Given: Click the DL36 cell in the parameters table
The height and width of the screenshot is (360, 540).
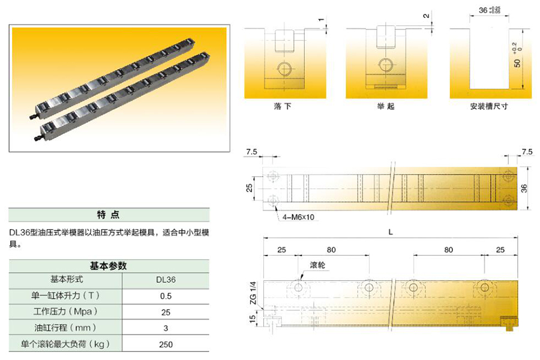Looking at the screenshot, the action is [x=166, y=280].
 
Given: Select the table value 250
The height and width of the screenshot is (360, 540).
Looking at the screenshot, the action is [x=166, y=344].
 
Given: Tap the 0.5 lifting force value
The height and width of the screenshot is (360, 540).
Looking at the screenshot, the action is [x=166, y=296].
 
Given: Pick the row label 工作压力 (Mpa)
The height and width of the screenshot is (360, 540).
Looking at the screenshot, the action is [x=65, y=312].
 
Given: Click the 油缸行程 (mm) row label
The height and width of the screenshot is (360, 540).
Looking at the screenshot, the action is [x=65, y=328].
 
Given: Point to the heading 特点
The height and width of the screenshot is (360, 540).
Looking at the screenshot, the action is [x=108, y=215].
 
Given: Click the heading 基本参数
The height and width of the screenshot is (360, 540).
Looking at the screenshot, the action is [x=108, y=266].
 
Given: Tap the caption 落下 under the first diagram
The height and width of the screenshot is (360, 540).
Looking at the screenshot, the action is [x=283, y=106].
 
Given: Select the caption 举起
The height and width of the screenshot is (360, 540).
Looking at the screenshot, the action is [x=386, y=106].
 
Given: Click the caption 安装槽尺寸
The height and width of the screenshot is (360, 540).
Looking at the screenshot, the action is [x=489, y=106].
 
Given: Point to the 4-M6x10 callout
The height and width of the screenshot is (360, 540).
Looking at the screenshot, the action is [x=298, y=217].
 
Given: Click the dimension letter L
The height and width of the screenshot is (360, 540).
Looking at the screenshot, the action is [x=391, y=233].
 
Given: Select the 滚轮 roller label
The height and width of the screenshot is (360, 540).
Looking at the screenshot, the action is [x=317, y=265].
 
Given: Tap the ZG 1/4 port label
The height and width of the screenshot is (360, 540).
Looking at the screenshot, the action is [x=253, y=293].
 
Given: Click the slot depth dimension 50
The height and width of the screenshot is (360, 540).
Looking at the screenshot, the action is [x=517, y=63].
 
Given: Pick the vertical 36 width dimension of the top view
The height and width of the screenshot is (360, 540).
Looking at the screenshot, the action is [x=524, y=188].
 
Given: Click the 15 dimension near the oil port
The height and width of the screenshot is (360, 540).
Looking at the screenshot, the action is [x=253, y=319].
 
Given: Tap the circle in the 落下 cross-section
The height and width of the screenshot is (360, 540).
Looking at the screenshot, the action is [x=284, y=69].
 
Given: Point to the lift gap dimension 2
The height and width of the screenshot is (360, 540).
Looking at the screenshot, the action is [x=427, y=16].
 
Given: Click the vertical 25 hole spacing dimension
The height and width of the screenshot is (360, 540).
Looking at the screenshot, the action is [x=250, y=188].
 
